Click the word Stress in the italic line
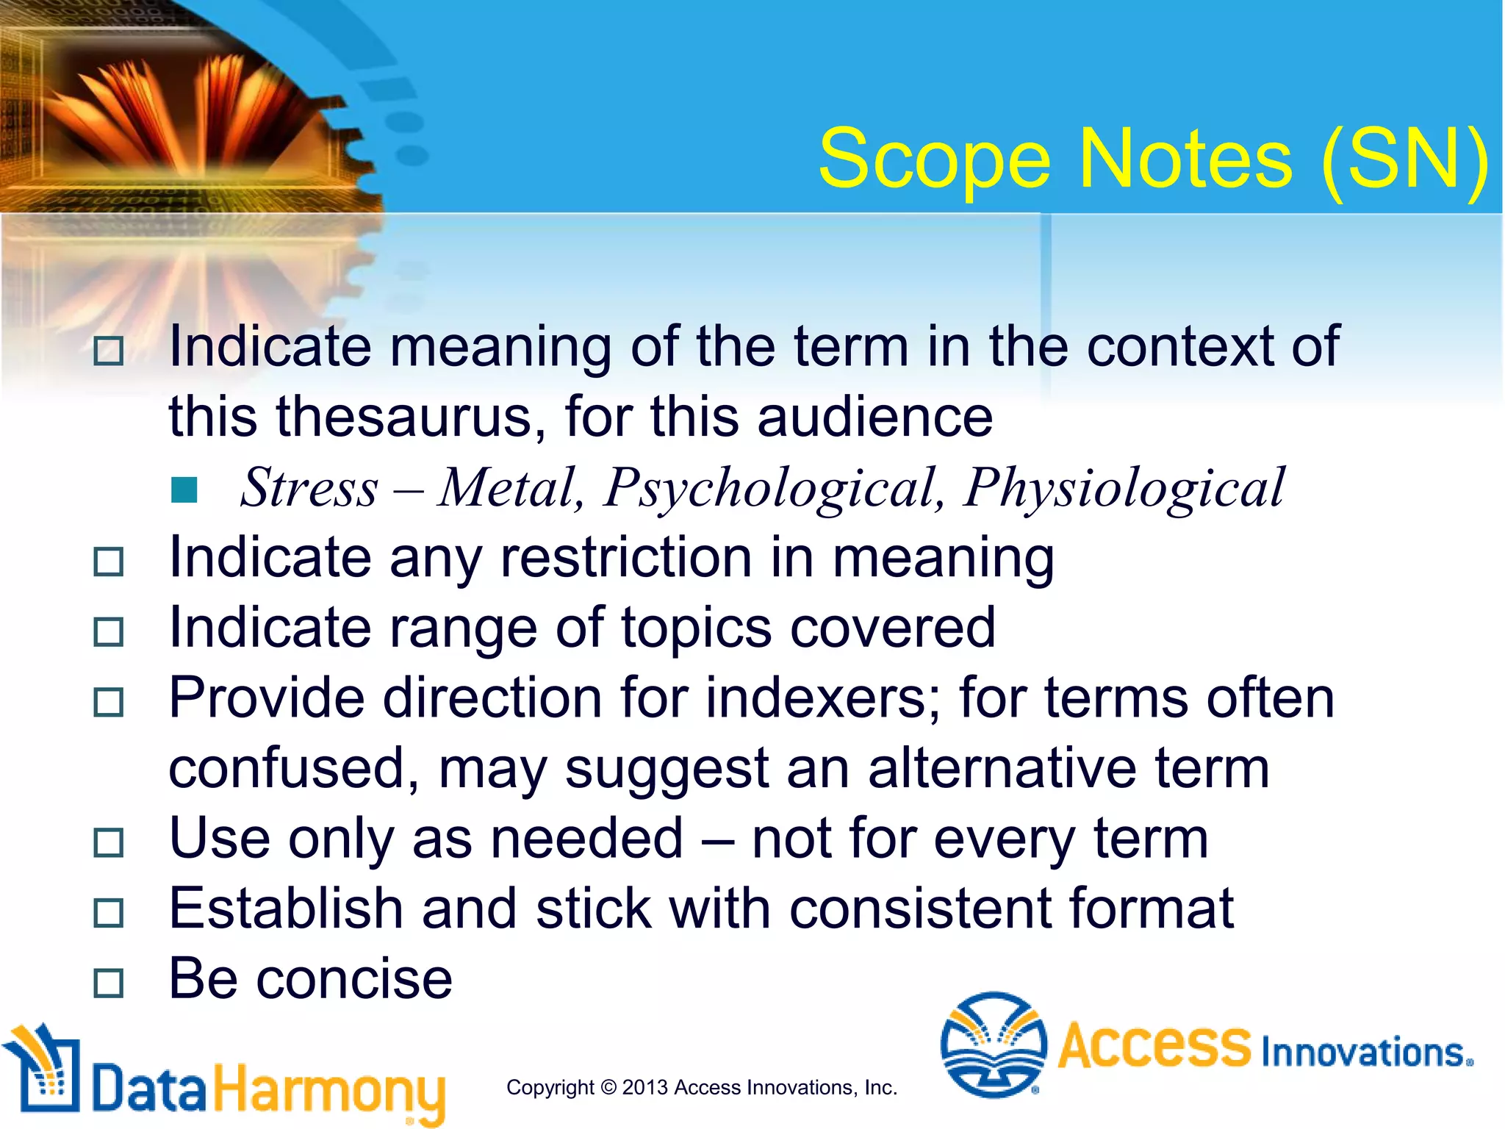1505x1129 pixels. (x=309, y=488)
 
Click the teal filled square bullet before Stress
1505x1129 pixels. (x=184, y=490)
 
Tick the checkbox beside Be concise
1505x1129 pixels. (x=109, y=983)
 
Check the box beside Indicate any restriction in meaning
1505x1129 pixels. (x=109, y=562)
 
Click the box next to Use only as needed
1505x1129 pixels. (x=109, y=842)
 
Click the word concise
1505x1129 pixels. (x=353, y=980)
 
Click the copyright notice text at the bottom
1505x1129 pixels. (x=702, y=1087)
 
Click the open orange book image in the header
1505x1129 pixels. (x=191, y=110)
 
